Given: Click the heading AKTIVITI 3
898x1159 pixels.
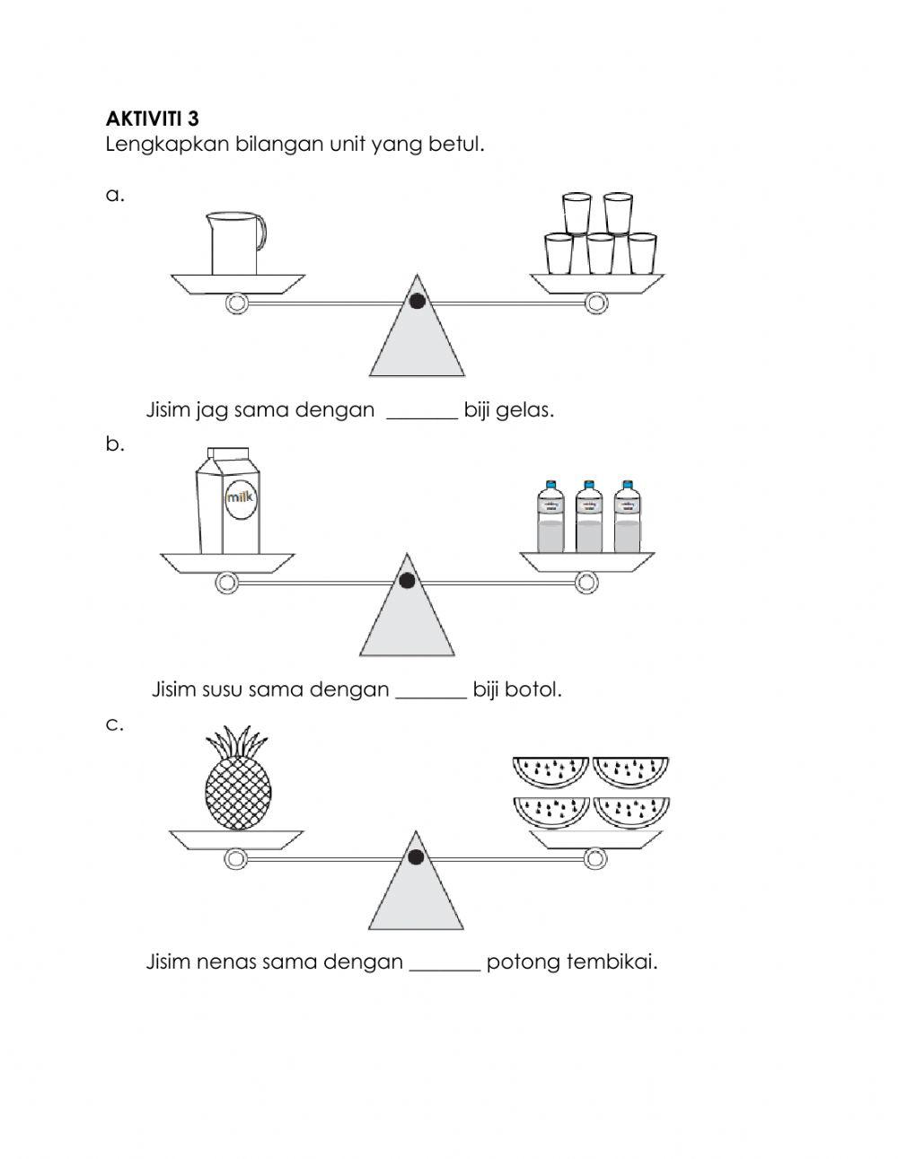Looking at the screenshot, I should click(153, 119).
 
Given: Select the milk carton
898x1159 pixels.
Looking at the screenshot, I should click(228, 503).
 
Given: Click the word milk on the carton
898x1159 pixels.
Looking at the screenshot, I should click(242, 496).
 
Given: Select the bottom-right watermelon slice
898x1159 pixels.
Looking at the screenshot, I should click(631, 812).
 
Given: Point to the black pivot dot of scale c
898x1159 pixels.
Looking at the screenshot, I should click(416, 857).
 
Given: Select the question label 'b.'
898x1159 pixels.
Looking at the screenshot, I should click(114, 443).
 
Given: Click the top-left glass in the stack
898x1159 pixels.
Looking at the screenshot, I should click(577, 213).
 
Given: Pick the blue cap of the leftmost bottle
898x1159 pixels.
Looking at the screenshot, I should click(550, 485).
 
